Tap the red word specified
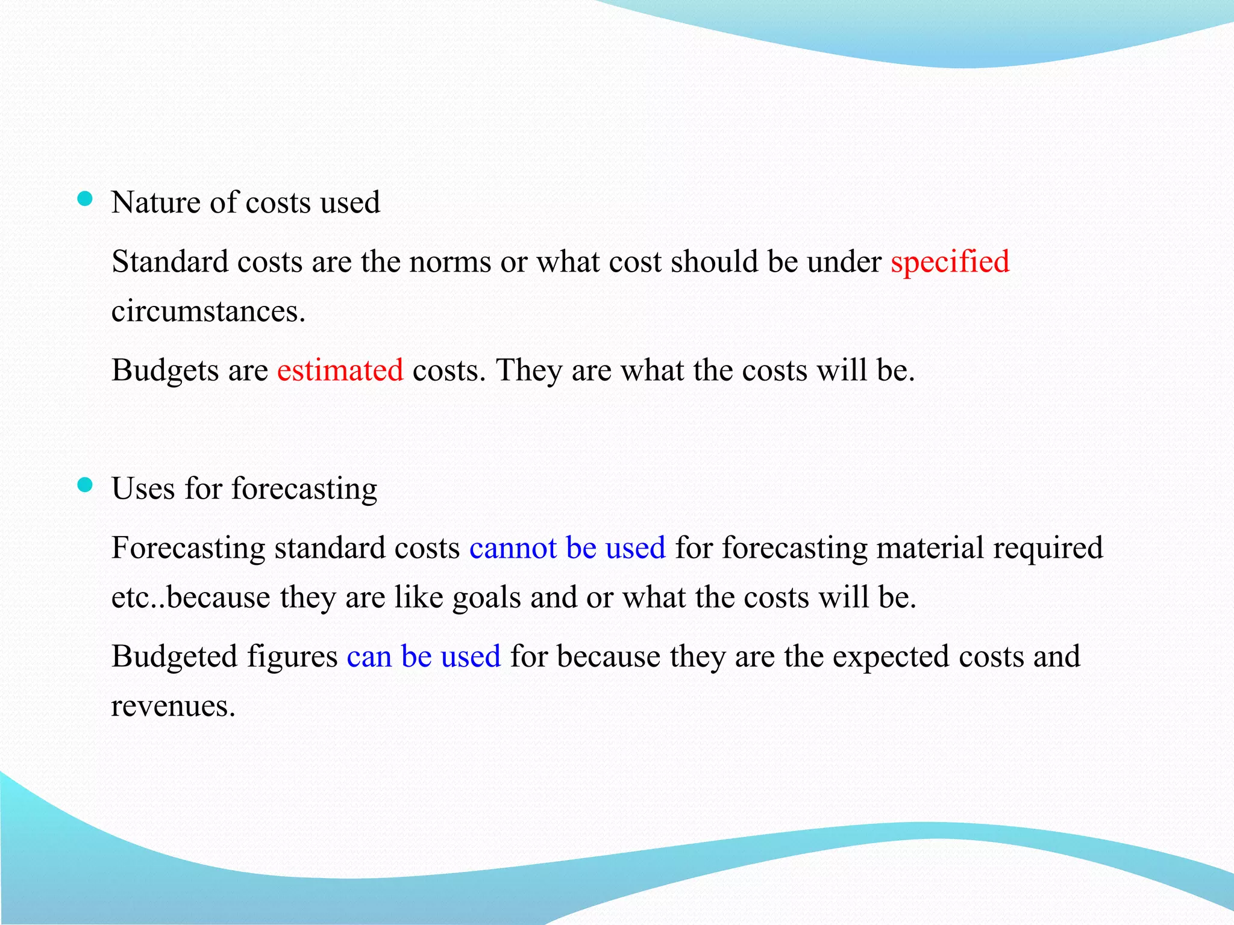coord(950,263)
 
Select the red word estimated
coord(340,370)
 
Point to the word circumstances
coord(208,312)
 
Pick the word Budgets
coord(165,370)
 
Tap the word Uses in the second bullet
coord(143,488)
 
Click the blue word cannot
coord(513,548)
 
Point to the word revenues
coord(172,706)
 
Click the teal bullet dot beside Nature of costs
coord(86,199)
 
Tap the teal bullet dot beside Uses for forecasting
coord(86,485)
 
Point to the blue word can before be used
coord(369,656)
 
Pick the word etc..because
coord(190,598)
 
